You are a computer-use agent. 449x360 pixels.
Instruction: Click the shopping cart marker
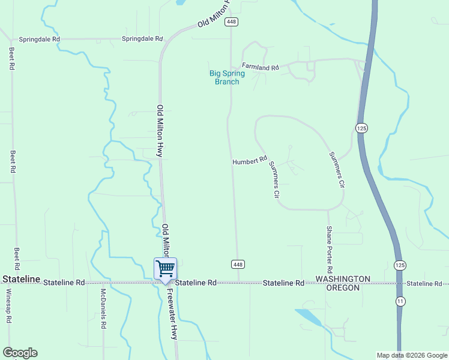[165, 268]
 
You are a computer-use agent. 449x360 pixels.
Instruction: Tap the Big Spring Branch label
[227, 77]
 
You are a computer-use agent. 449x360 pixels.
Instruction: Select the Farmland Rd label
[261, 67]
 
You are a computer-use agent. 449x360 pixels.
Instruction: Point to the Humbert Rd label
[250, 161]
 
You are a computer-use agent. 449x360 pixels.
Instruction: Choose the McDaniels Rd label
[103, 308]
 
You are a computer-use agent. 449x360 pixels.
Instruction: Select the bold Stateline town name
[21, 280]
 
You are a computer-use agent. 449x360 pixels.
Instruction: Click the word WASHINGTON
[343, 280]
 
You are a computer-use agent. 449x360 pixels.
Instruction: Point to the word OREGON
[343, 288]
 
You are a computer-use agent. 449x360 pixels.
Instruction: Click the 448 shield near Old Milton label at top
[232, 22]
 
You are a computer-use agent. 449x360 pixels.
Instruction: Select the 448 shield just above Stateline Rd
[238, 264]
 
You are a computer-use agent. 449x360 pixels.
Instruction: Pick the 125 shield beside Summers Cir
[361, 128]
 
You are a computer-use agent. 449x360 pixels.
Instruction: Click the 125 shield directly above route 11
[400, 265]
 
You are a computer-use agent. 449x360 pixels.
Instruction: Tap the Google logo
[20, 353]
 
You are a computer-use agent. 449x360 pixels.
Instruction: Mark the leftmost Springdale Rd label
[40, 39]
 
